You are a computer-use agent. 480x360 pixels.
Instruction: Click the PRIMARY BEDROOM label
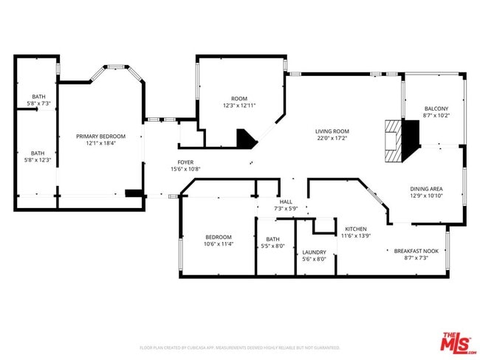tap(101, 136)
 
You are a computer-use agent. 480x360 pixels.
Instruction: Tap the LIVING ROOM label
tap(332, 130)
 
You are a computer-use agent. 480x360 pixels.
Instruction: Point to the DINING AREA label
tap(426, 188)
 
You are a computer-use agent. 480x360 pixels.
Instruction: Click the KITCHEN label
tap(355, 229)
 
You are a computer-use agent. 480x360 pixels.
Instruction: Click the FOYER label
tap(185, 162)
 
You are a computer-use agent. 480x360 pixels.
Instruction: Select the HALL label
tap(285, 201)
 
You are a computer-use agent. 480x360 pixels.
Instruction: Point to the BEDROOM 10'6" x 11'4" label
tap(218, 237)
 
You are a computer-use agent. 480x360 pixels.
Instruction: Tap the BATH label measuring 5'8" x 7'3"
tap(38, 97)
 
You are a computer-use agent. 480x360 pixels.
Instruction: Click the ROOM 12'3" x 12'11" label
tap(239, 98)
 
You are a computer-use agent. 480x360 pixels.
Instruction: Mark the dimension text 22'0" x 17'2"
tap(332, 137)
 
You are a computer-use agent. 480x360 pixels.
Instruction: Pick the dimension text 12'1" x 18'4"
tap(101, 143)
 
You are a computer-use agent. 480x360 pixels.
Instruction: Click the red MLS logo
tap(458, 342)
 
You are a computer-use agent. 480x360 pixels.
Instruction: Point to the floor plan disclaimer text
tap(239, 347)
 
